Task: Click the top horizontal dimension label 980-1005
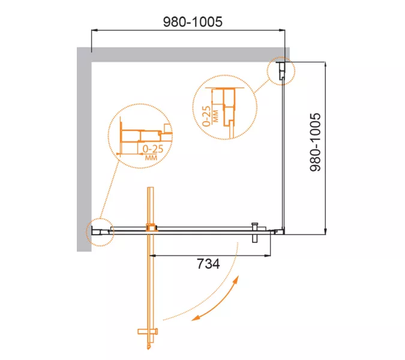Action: (193, 22)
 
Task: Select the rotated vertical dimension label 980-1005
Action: (315, 142)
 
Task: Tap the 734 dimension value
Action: (208, 263)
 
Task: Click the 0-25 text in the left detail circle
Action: (153, 149)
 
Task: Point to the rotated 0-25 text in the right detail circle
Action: (206, 116)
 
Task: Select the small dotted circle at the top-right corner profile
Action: (281, 71)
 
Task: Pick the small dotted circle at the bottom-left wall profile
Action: (100, 232)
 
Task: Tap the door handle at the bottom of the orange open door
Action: (148, 332)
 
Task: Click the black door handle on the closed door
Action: (255, 232)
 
